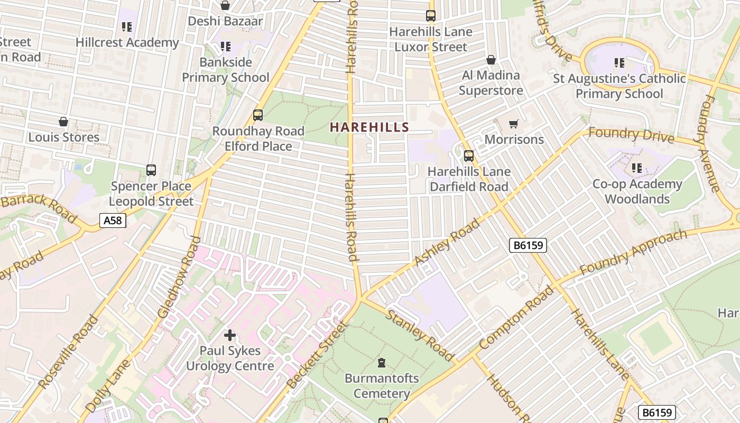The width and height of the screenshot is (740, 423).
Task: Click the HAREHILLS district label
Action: tap(369, 127)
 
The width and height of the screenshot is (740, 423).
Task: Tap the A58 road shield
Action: tap(113, 220)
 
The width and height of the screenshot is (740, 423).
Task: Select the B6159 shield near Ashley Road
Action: tap(528, 245)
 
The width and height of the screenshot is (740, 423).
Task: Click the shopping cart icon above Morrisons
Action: tap(513, 124)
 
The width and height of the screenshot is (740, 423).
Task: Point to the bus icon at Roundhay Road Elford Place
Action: tap(258, 115)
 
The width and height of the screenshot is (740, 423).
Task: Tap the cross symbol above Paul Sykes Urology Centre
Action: tap(230, 335)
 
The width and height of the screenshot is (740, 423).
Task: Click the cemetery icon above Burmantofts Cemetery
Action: tap(381, 363)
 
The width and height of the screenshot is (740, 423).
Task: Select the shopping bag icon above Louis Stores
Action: tap(63, 122)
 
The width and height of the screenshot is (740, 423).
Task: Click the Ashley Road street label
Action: tap(447, 242)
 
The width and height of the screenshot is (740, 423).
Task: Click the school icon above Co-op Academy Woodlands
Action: tap(637, 168)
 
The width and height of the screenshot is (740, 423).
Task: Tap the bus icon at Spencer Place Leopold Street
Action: tap(151, 170)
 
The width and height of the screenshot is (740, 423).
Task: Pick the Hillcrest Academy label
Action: tap(127, 42)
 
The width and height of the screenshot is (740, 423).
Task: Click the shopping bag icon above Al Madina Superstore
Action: tap(491, 60)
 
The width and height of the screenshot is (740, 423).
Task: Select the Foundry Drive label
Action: tap(631, 135)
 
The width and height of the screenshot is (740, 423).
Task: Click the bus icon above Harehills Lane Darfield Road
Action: tap(469, 156)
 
